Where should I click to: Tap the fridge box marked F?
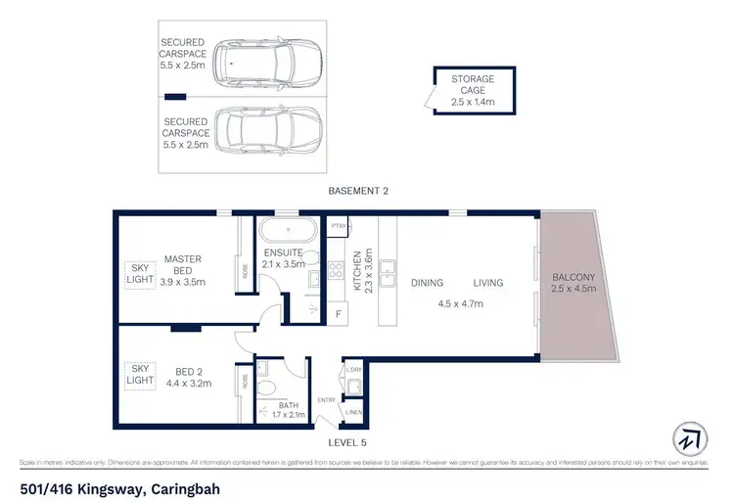pyautogui.click(x=338, y=313)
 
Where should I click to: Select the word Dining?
pyautogui.click(x=427, y=283)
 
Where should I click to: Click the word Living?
pyautogui.click(x=487, y=283)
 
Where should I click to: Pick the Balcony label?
pyautogui.click(x=573, y=283)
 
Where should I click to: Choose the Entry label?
pyautogui.click(x=327, y=400)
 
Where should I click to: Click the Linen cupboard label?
pyautogui.click(x=353, y=413)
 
